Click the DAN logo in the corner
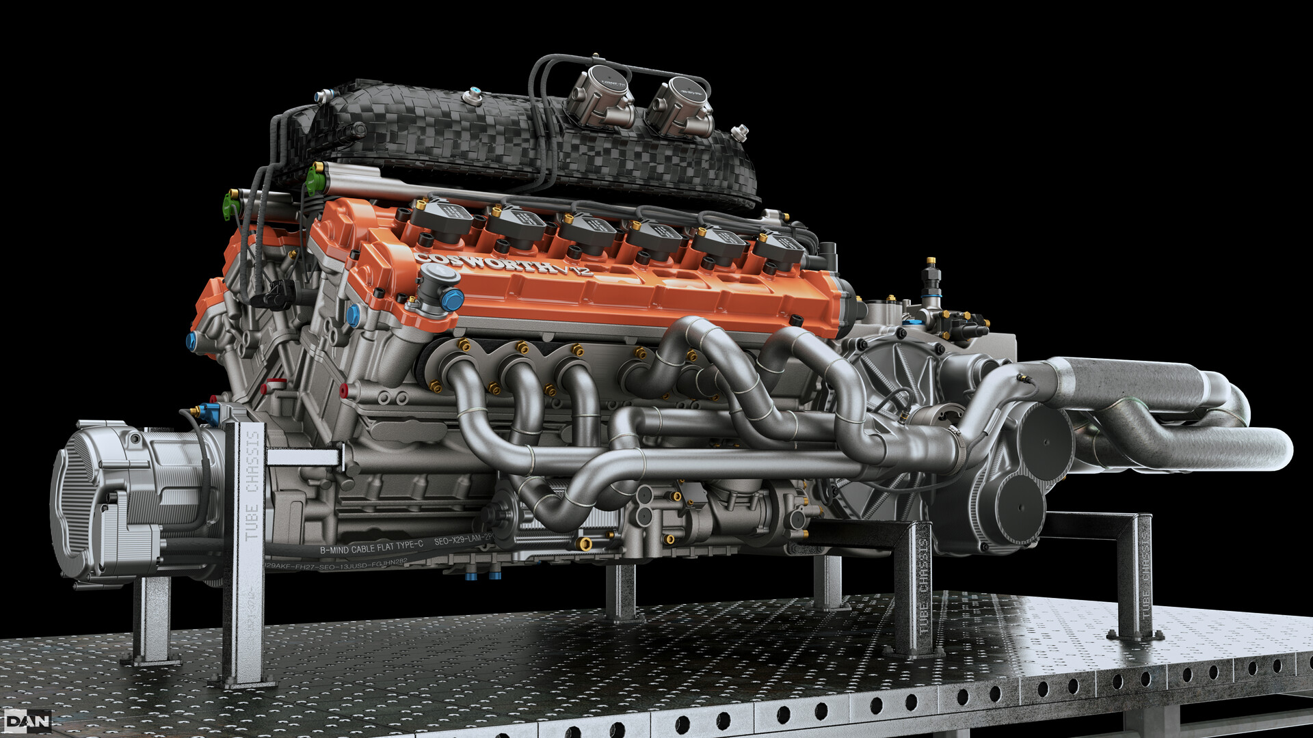27,721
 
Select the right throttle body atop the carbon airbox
681,106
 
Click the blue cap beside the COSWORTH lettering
451,300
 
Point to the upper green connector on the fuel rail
314,178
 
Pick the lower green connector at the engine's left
230,206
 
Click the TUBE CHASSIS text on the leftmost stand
252,485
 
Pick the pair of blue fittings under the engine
483,575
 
